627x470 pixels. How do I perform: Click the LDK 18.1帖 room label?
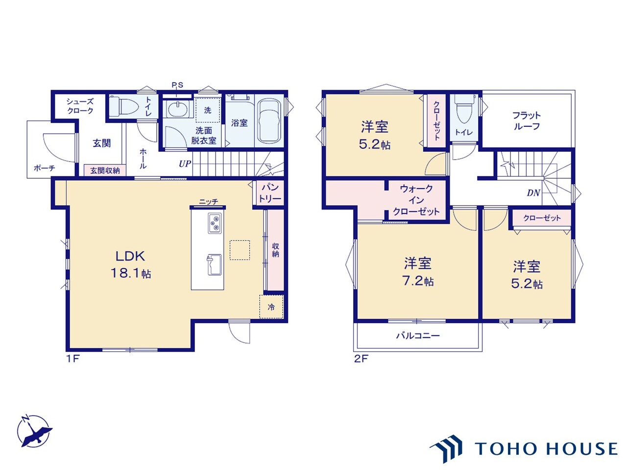(130, 264)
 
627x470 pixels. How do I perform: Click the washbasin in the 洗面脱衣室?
(177, 109)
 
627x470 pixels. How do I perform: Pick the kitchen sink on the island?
(214, 265)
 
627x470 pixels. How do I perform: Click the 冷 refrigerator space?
(271, 307)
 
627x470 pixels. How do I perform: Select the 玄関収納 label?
(105, 171)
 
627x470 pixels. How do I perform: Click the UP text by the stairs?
(185, 164)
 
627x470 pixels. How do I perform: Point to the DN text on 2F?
(533, 193)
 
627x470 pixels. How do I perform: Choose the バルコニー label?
(418, 335)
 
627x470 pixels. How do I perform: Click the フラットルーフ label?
(527, 121)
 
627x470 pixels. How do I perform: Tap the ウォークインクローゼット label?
(416, 200)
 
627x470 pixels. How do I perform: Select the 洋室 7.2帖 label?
(418, 271)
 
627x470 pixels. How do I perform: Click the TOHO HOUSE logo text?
(546, 448)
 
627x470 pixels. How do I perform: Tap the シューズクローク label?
(80, 106)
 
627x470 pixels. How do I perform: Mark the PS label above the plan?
(177, 85)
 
